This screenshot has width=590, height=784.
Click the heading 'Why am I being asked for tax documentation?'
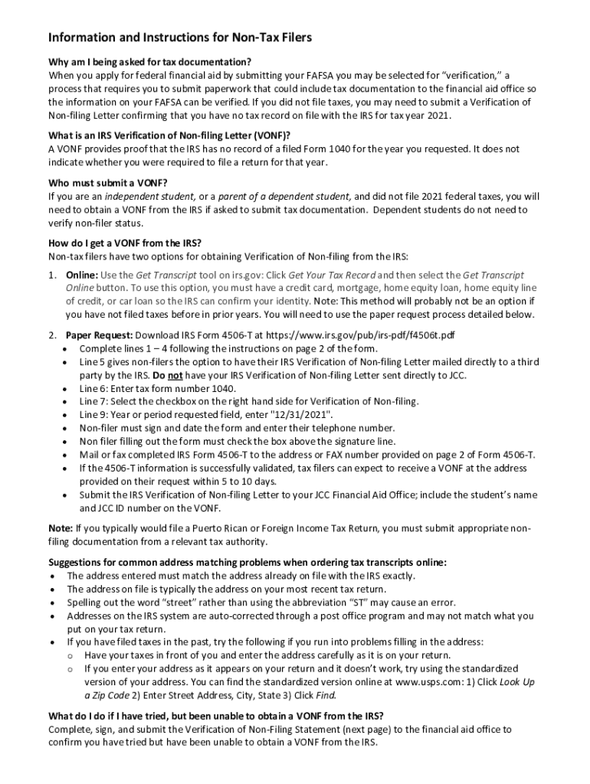pyautogui.click(x=150, y=61)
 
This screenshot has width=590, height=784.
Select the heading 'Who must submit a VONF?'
pyautogui.click(x=107, y=182)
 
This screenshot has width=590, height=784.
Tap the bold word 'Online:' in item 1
pyautogui.click(x=81, y=274)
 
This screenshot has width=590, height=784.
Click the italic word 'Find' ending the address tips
pyautogui.click(x=325, y=695)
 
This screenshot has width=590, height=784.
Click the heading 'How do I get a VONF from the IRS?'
pyautogui.click(x=124, y=243)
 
